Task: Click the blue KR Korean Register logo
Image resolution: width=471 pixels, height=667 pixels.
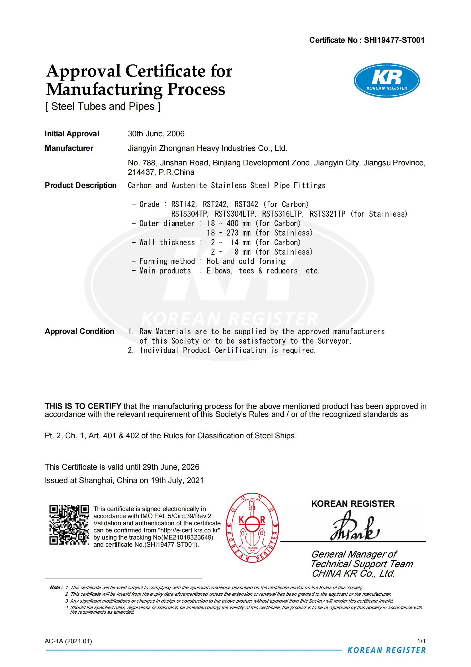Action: (387, 80)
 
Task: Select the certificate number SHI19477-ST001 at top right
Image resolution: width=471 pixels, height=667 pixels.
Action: (394, 40)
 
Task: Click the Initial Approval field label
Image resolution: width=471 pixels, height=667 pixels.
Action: (72, 134)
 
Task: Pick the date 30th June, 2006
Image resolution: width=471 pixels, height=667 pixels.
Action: (156, 134)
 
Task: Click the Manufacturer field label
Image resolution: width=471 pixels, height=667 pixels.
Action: (69, 148)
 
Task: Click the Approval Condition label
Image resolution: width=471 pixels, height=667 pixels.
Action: (79, 331)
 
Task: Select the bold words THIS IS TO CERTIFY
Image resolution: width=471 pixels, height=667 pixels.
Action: (83, 406)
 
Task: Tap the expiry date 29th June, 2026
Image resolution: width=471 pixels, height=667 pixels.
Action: (171, 467)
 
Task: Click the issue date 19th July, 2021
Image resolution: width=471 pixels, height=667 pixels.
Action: (177, 480)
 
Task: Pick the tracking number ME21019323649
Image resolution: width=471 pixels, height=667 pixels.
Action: (186, 538)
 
